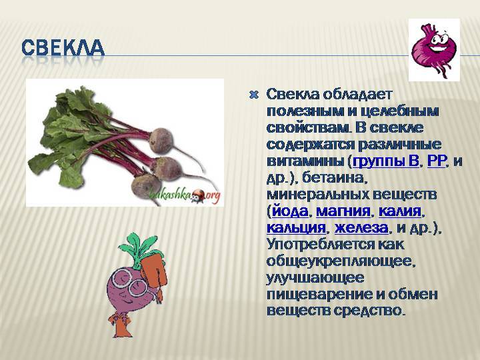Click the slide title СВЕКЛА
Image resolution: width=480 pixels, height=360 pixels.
[63, 49]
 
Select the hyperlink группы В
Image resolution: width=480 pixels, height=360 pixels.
[386, 161]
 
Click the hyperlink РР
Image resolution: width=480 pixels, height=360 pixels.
[436, 161]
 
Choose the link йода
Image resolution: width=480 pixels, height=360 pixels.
[291, 211]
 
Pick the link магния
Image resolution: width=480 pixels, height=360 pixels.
[343, 211]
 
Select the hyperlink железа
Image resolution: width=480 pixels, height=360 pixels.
[361, 228]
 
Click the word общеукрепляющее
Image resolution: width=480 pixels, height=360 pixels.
[341, 261]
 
